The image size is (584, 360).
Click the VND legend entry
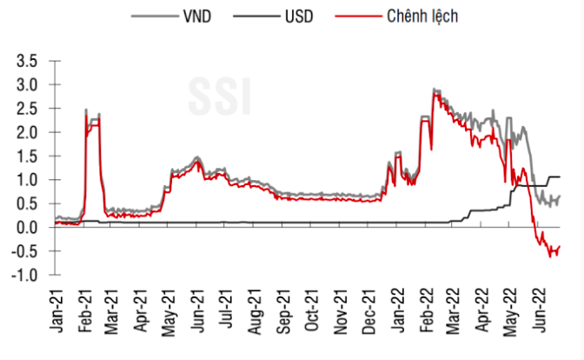tap(177, 15)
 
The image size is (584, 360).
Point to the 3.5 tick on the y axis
tap(29, 62)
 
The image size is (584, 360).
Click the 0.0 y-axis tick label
tap(29, 228)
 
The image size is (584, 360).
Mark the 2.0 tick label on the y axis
tap(29, 133)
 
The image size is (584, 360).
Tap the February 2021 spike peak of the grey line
tap(86, 110)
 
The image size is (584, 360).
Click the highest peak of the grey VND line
tap(434, 89)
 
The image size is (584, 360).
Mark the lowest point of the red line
tap(549, 256)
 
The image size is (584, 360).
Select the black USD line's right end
tap(560, 177)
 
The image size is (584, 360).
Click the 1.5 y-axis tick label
tap(29, 157)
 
